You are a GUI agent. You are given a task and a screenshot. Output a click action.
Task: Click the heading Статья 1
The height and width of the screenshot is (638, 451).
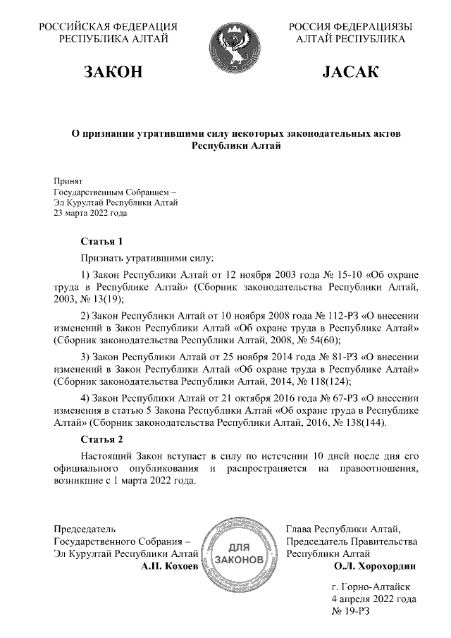pyautogui.click(x=102, y=241)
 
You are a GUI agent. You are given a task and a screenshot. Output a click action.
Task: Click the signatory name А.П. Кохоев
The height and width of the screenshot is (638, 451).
pyautogui.click(x=170, y=565)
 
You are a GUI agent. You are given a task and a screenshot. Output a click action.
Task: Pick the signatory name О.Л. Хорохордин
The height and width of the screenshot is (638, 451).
pyautogui.click(x=375, y=565)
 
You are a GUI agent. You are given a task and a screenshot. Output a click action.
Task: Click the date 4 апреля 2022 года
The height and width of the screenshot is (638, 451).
pyautogui.click(x=373, y=599)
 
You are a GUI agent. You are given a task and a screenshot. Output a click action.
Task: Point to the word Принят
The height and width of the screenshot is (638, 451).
pyautogui.click(x=68, y=180)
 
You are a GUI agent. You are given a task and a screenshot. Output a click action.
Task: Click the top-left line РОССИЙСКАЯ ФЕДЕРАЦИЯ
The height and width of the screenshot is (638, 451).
pyautogui.click(x=107, y=27)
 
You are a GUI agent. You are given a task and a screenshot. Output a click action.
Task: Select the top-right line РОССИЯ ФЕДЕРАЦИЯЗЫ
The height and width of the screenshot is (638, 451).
pyautogui.click(x=350, y=27)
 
